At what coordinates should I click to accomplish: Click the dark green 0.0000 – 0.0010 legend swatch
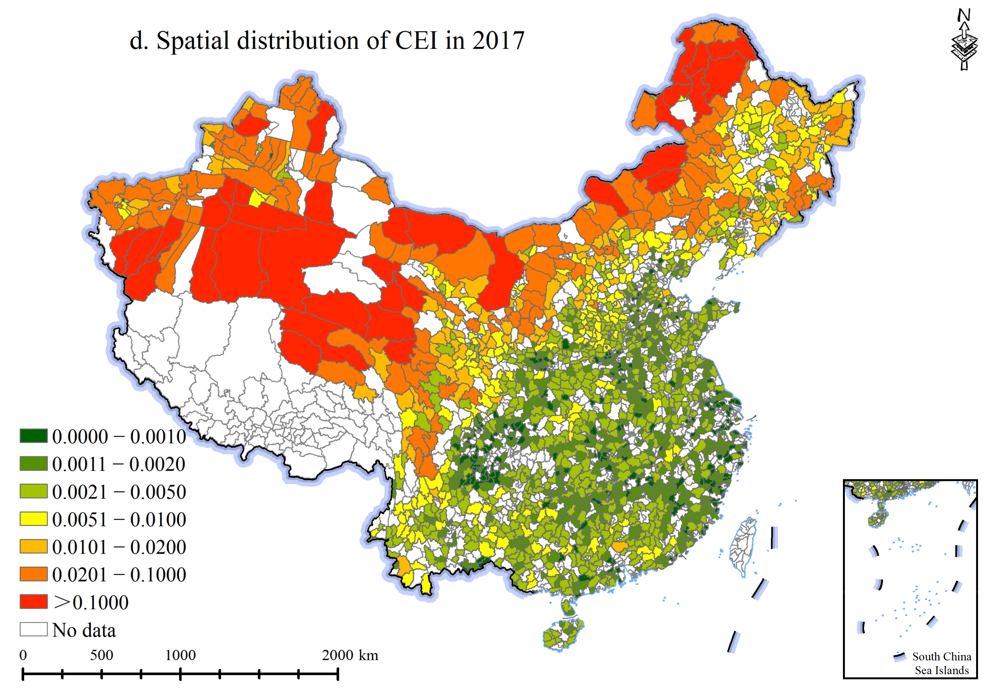[x=33, y=436]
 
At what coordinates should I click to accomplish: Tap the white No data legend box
[x=33, y=629]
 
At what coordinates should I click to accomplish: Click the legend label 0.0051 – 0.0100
[x=119, y=519]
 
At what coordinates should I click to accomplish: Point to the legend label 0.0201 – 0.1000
[x=119, y=574]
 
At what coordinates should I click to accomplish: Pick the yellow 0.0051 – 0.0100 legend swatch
[x=33, y=519]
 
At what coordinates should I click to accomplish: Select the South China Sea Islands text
[x=941, y=663]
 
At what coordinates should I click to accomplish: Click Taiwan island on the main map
[x=742, y=547]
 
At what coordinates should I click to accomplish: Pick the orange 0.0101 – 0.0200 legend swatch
[x=33, y=547]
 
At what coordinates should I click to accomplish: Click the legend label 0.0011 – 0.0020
[x=119, y=464]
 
